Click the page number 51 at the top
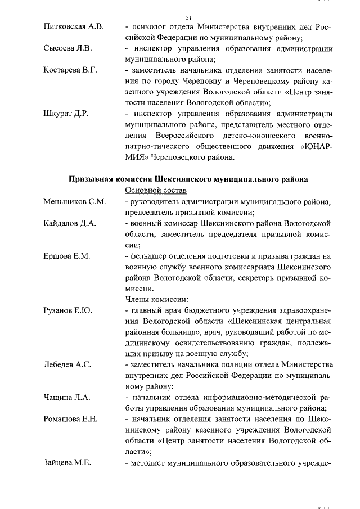tap(188, 17)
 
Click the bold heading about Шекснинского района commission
tap(188, 179)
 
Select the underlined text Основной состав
tap(153, 191)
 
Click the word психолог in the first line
tap(148, 28)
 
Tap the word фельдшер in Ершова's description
tap(148, 256)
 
